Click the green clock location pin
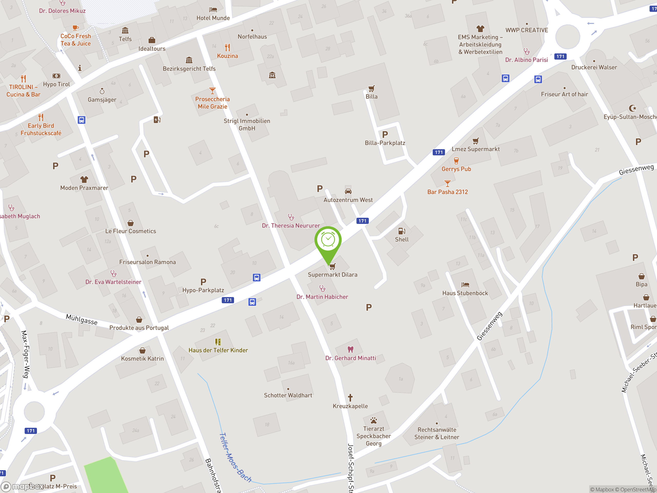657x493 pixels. coord(328,240)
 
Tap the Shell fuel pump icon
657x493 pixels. coord(402,231)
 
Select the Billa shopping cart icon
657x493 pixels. coord(371,88)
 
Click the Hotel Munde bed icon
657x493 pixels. coord(213,10)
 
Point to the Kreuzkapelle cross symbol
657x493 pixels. coord(350,397)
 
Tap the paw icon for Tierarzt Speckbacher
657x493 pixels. coord(374,420)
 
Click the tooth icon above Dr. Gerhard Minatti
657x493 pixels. coord(351,349)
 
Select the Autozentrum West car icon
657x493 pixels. coord(348,191)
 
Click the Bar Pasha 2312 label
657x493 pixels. coord(447,192)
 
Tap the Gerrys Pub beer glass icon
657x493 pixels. coord(456,161)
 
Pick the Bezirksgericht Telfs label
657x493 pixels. coord(189,69)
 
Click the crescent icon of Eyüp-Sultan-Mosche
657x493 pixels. coord(632,108)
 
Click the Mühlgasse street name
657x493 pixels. coord(81,319)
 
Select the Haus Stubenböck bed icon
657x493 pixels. coord(465,285)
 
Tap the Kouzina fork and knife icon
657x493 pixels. coord(227,47)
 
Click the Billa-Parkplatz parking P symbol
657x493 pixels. coord(385,135)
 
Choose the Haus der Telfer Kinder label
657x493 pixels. coord(218,350)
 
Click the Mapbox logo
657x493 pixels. coord(22,487)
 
